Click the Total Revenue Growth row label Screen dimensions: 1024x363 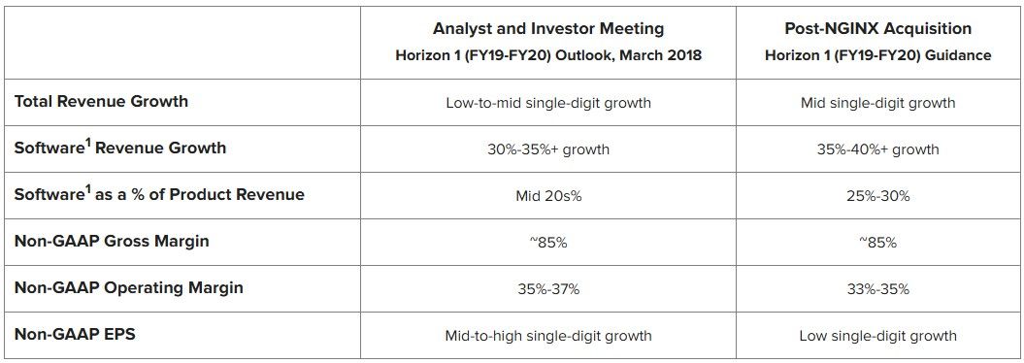click(x=101, y=102)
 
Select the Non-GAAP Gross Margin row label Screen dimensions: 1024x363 click(x=112, y=241)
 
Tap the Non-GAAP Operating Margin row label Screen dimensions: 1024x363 click(x=129, y=288)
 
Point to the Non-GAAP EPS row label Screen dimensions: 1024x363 click(x=75, y=334)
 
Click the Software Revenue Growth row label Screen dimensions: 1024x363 click(x=120, y=147)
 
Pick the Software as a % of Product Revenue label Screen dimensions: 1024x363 click(x=159, y=194)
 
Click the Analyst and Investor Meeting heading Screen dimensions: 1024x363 click(x=548, y=29)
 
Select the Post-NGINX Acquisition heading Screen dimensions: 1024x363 click(x=878, y=29)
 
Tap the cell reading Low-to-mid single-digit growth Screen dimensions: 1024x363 click(x=548, y=103)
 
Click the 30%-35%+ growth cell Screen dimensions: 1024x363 click(x=548, y=149)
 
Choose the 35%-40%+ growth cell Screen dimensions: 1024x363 click(x=878, y=149)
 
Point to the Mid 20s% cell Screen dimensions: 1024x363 click(x=548, y=196)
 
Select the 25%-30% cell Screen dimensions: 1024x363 click(x=878, y=196)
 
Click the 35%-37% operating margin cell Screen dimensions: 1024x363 click(x=548, y=289)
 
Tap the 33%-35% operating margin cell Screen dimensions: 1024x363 click(x=878, y=289)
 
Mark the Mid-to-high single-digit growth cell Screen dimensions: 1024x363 click(x=548, y=336)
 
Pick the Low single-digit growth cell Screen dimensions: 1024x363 click(x=878, y=336)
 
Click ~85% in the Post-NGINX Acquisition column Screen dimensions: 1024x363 click(x=878, y=243)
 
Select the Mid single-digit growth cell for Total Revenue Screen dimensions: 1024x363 click(x=878, y=103)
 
